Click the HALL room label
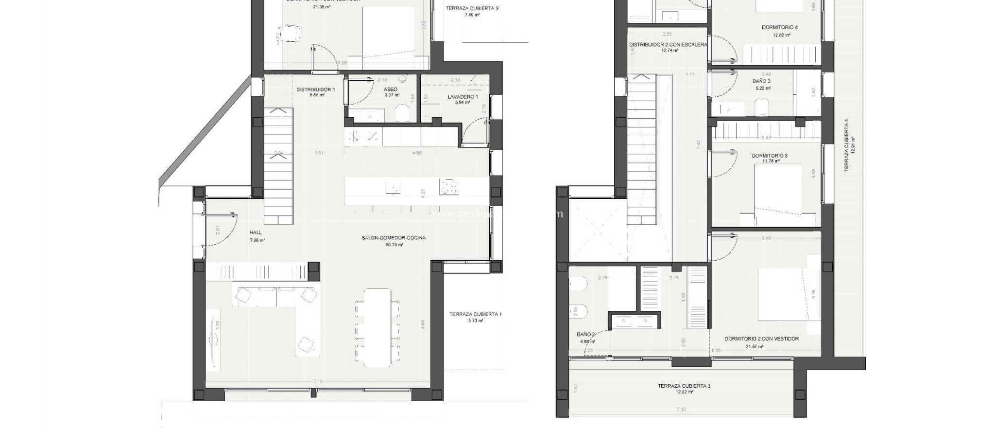pyautogui.click(x=256, y=232)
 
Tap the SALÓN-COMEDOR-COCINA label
pyautogui.click(x=394, y=238)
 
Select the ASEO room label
pyautogui.click(x=390, y=89)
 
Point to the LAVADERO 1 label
pyautogui.click(x=463, y=97)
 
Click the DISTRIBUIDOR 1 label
pyautogui.click(x=316, y=89)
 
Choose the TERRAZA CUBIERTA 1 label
pyautogui.click(x=475, y=314)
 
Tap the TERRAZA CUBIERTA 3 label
pyautogui.click(x=684, y=386)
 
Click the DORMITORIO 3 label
pyautogui.click(x=770, y=156)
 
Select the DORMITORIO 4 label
pyautogui.click(x=779, y=28)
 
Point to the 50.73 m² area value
pyautogui.click(x=394, y=245)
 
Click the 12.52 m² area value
pyautogui.click(x=684, y=392)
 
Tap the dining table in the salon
pyautogui.click(x=377, y=327)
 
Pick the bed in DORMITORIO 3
pyautogui.click(x=777, y=195)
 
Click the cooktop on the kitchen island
pyautogui.click(x=449, y=187)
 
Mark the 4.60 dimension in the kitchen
pyautogui.click(x=416, y=153)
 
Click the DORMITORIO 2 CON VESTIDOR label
pyautogui.click(x=761, y=339)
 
